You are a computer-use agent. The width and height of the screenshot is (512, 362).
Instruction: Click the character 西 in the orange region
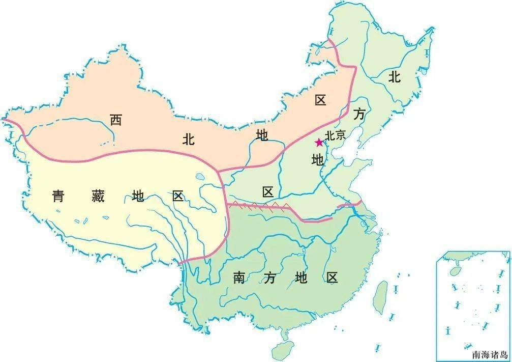(x=116, y=120)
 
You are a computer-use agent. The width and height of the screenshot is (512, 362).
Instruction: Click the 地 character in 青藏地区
(x=138, y=196)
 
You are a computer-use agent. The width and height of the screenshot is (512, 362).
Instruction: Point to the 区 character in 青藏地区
(x=177, y=196)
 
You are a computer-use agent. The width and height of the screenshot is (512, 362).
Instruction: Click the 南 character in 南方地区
(x=239, y=278)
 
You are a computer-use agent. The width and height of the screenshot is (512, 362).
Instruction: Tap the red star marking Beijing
(x=319, y=142)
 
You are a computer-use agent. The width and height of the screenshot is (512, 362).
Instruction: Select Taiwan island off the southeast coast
(x=380, y=297)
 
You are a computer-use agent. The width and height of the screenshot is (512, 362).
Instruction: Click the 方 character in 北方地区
(x=359, y=115)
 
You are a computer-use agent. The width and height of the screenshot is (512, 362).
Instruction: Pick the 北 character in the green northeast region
(x=395, y=77)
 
